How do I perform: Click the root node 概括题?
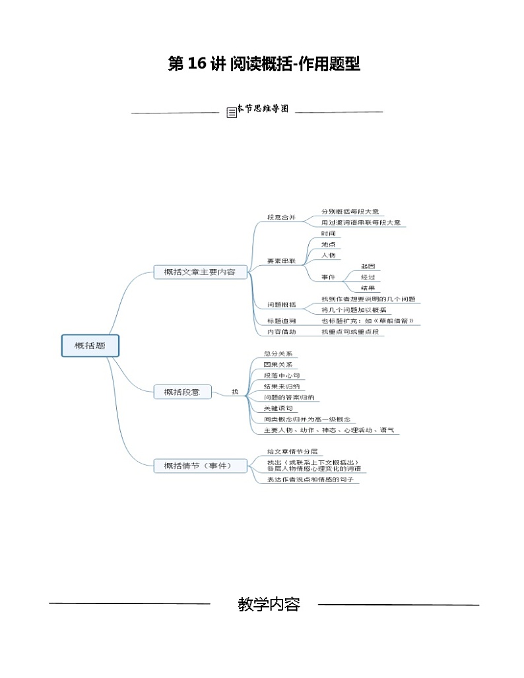90,346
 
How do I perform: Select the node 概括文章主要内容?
199,272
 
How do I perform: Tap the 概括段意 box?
182,392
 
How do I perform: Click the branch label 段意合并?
281,216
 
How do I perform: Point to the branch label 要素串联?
281,261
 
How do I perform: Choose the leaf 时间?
329,233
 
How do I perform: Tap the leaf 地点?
329,244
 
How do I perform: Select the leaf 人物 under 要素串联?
329,255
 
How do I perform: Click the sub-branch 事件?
329,277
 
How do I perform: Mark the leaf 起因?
368,266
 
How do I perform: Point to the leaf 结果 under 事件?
368,288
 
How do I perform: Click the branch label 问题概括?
281,305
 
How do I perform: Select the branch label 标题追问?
281,321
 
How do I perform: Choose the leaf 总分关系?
278,354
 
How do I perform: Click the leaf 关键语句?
278,408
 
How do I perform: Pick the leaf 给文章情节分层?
292,451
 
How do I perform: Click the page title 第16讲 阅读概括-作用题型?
264,64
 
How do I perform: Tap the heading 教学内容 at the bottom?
269,604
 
